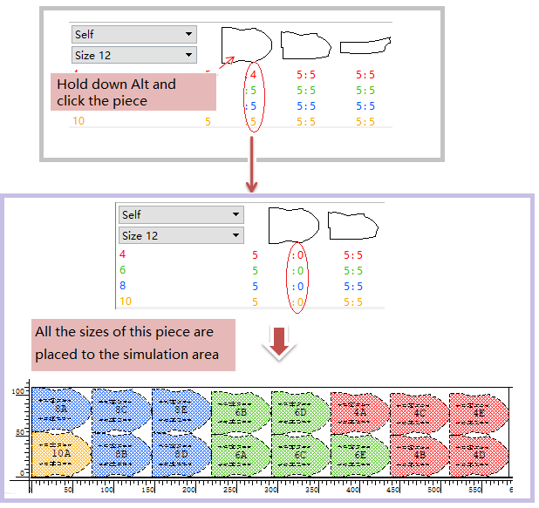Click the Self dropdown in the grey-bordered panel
tap(133, 35)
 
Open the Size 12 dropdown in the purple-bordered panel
tap(181, 236)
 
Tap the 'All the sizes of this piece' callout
tap(134, 343)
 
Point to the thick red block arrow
tap(279, 342)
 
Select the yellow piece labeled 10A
tap(61, 453)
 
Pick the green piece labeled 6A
tap(240, 454)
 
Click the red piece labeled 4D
tap(479, 454)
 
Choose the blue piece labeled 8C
tap(121, 409)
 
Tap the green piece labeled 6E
tap(359, 454)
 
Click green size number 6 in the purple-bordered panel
tap(123, 271)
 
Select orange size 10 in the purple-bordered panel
tap(125, 301)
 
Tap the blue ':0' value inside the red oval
tap(297, 287)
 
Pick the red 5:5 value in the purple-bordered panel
tap(353, 255)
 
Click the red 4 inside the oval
tap(253, 75)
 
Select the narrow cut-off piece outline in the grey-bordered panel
tap(364, 44)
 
